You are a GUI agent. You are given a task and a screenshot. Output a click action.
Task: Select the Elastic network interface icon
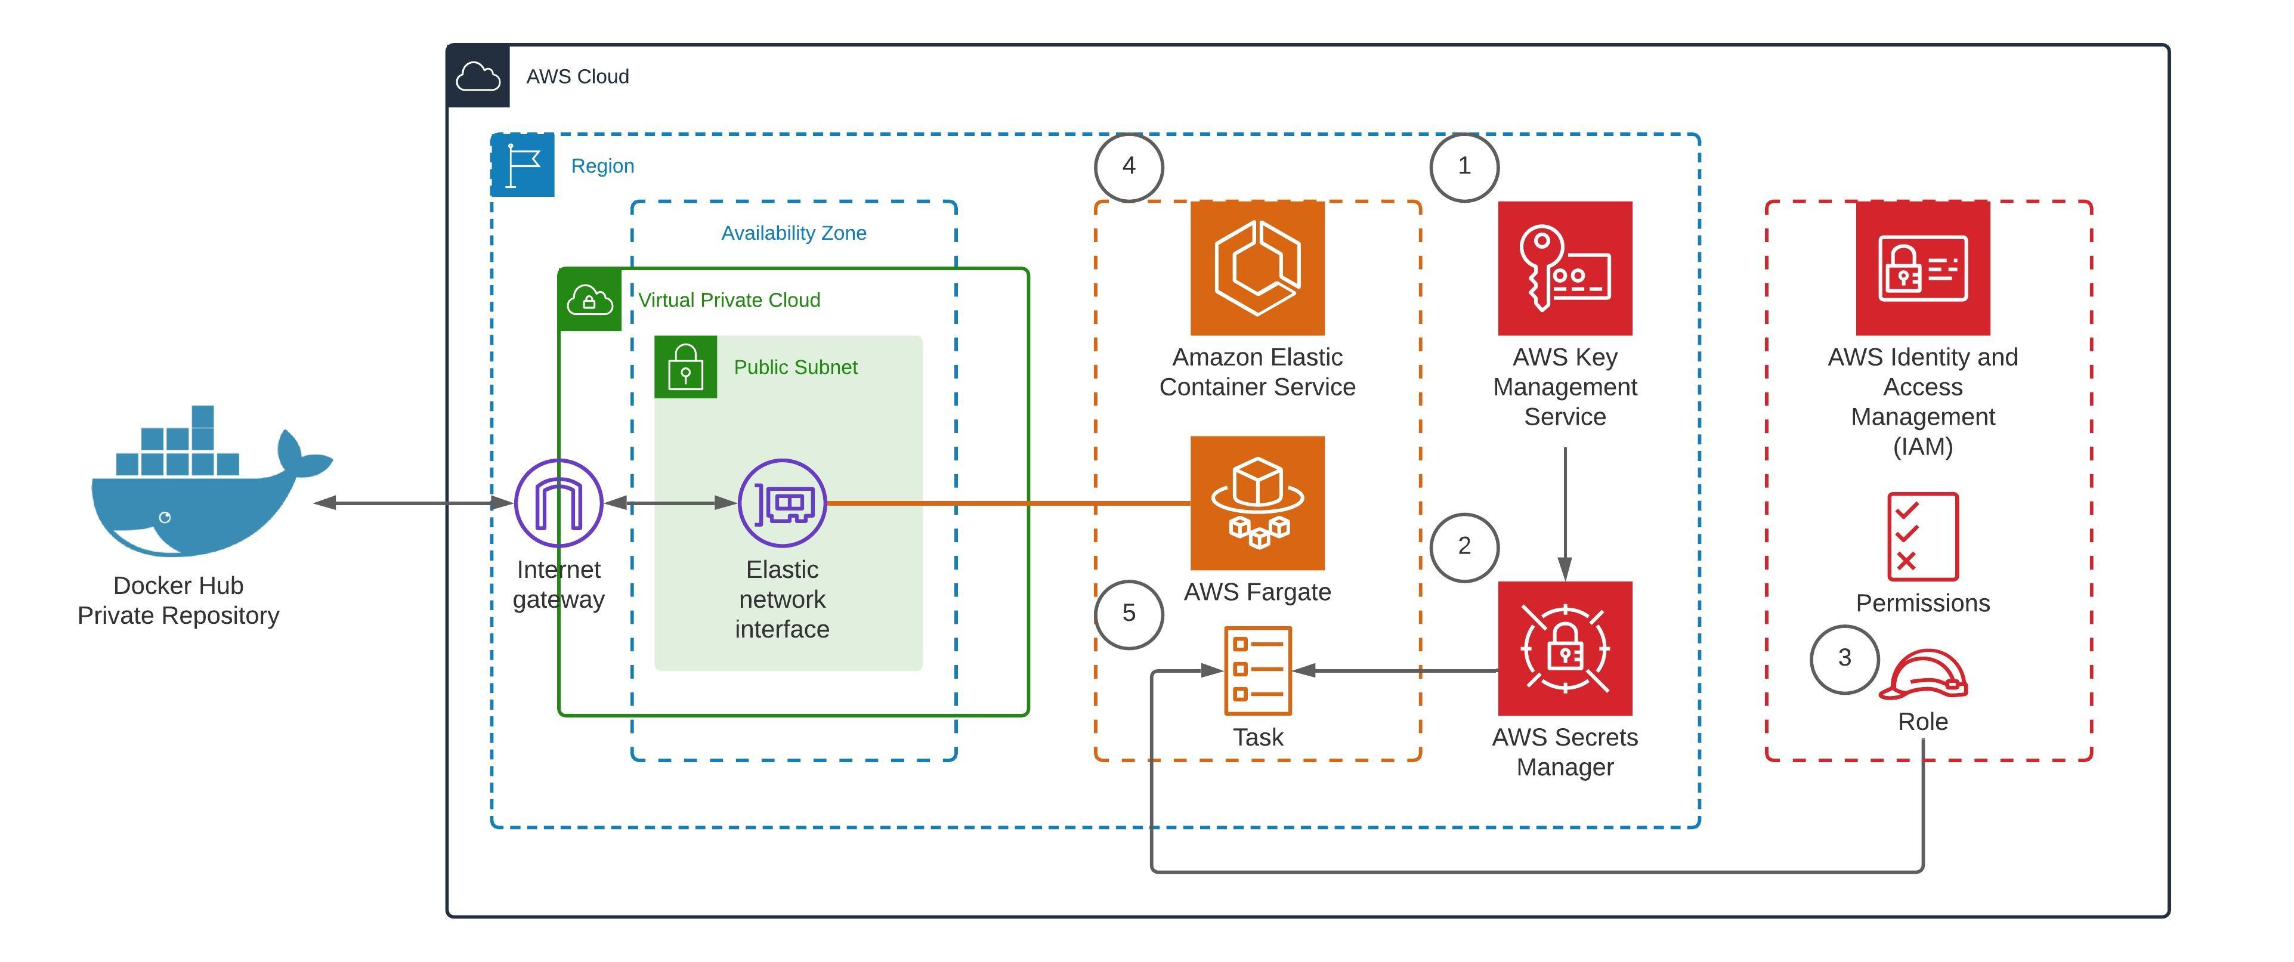pyautogui.click(x=782, y=503)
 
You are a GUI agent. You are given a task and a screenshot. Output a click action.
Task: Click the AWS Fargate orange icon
pyautogui.click(x=1257, y=503)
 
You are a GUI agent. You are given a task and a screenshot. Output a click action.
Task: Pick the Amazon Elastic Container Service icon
pyautogui.click(x=1257, y=268)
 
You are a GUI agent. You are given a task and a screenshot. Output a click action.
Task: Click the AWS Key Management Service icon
pyautogui.click(x=1565, y=268)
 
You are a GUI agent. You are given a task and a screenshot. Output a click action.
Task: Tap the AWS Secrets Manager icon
pyautogui.click(x=1565, y=648)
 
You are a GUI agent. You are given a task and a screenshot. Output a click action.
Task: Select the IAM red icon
pyautogui.click(x=1922, y=268)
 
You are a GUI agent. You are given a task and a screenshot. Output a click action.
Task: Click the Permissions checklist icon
pyautogui.click(x=1922, y=536)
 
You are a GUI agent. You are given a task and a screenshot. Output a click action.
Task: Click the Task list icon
pyautogui.click(x=1257, y=670)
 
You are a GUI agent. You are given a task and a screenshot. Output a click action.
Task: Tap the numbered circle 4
pyautogui.click(x=1129, y=166)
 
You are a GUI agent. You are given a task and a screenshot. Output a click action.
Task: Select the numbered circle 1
pyautogui.click(x=1464, y=166)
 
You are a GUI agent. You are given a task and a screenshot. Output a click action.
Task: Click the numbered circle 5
pyautogui.click(x=1129, y=614)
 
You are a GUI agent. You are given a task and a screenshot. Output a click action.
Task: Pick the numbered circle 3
pyautogui.click(x=1844, y=658)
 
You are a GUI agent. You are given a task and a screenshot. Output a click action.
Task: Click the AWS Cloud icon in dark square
pyautogui.click(x=478, y=76)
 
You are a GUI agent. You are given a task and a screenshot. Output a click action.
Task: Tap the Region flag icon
pyautogui.click(x=523, y=166)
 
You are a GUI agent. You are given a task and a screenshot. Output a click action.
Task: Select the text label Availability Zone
pyautogui.click(x=793, y=233)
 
